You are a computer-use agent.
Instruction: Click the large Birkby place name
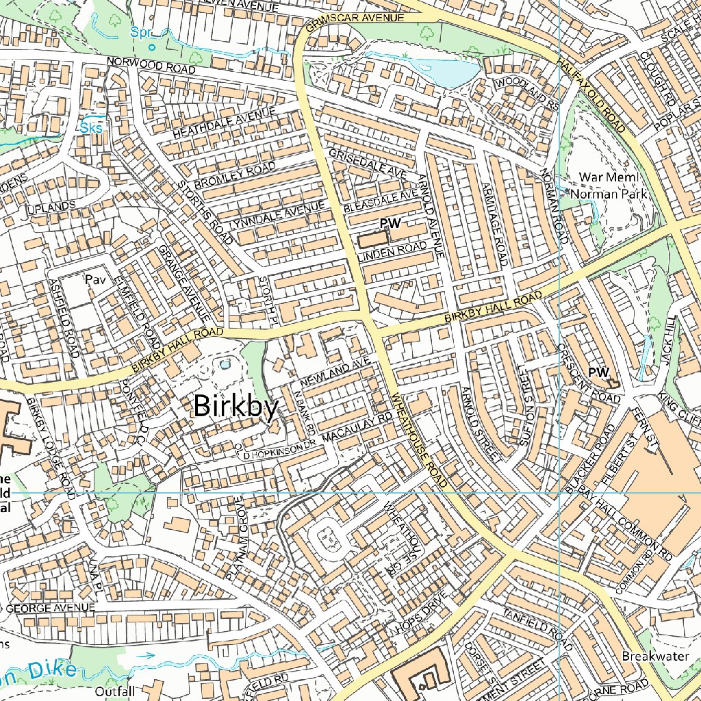click(236, 406)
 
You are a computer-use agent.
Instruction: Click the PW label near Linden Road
click(390, 223)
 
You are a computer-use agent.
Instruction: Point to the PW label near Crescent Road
click(598, 372)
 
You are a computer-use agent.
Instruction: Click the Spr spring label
click(140, 32)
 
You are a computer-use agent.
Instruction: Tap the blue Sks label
click(90, 127)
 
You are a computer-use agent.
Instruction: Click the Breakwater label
click(654, 656)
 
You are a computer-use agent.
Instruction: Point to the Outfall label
click(115, 691)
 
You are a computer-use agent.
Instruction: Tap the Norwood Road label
click(151, 66)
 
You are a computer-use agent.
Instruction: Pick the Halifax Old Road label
click(589, 95)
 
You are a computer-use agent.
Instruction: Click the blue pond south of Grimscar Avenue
click(448, 73)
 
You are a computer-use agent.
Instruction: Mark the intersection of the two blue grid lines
click(560, 492)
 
